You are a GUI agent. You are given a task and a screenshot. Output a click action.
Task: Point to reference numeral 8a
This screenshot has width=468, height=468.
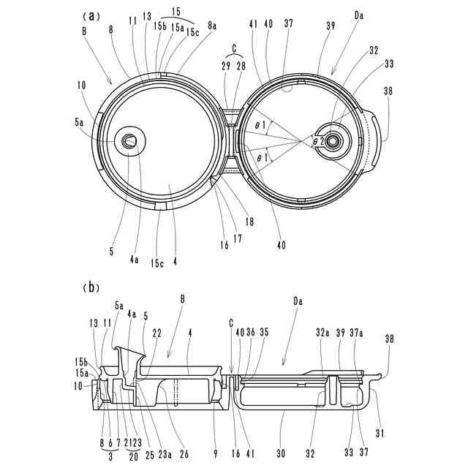pyautogui.click(x=212, y=25)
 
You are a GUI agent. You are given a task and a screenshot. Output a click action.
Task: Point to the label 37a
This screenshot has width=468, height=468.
pyautogui.click(x=356, y=333)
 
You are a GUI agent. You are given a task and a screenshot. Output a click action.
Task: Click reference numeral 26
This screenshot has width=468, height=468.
pyautogui.click(x=184, y=454)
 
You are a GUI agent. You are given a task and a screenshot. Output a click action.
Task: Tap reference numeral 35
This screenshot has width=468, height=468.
pyautogui.click(x=264, y=333)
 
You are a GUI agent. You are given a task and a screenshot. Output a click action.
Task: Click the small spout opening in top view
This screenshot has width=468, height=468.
pyautogui.click(x=130, y=140)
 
